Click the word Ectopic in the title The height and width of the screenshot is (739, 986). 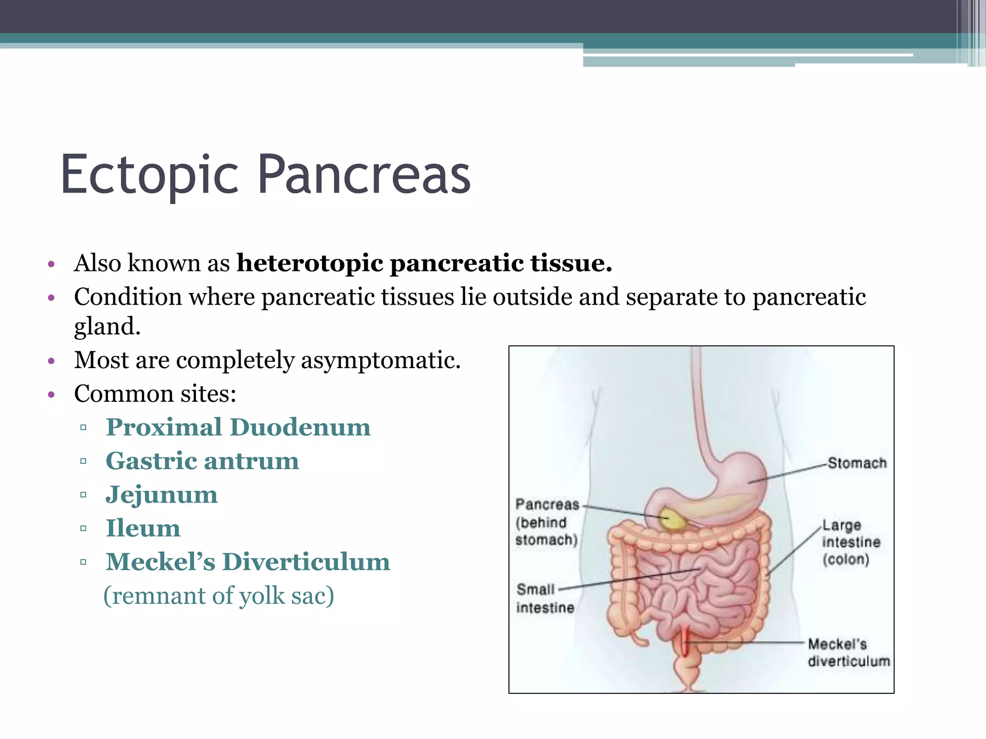click(x=149, y=175)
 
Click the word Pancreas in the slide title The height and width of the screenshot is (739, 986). click(x=364, y=175)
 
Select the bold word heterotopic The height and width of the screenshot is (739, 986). click(x=310, y=263)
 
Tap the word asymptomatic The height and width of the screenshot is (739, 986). click(x=380, y=360)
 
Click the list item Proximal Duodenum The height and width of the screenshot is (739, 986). click(x=238, y=427)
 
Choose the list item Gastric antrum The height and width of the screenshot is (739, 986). click(x=202, y=461)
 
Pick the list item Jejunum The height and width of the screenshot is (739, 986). click(x=162, y=495)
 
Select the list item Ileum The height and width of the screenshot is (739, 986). click(x=143, y=528)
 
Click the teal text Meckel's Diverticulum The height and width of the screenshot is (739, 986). click(x=247, y=562)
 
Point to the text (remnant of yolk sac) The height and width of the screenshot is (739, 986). click(x=219, y=596)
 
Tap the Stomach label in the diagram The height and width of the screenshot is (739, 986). click(x=857, y=463)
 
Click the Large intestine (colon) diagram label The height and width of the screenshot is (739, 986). click(x=851, y=542)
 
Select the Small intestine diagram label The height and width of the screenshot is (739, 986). click(x=545, y=599)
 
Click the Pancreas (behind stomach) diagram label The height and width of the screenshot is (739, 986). click(x=546, y=522)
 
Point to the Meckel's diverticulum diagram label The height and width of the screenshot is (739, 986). click(x=848, y=652)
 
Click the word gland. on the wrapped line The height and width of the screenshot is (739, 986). click(x=107, y=327)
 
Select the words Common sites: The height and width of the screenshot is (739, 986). click(x=155, y=394)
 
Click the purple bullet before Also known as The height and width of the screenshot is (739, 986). click(x=52, y=264)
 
